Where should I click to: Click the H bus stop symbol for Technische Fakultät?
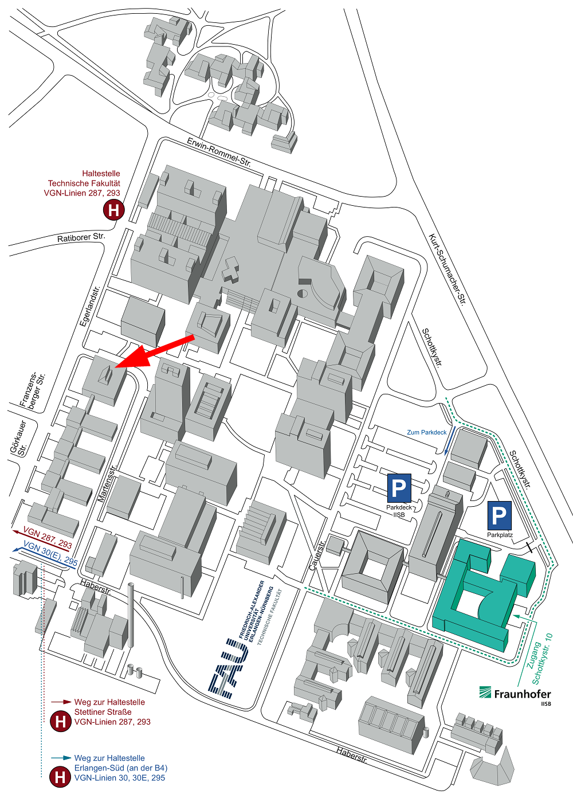pos(113,210)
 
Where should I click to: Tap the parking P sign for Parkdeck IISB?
pos(399,488)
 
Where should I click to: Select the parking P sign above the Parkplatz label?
pos(499,516)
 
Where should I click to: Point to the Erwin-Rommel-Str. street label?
pos(219,152)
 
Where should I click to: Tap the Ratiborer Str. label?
pos(81,237)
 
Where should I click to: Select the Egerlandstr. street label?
pos(90,306)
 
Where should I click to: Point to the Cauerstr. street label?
pos(317,554)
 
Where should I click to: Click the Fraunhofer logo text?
pos(521,694)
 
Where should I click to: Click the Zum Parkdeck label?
pos(426,432)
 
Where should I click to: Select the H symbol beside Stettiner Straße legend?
pos(60,721)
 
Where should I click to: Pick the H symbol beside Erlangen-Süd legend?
pos(60,777)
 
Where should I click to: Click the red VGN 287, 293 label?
pos(48,538)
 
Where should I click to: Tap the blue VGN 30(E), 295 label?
pos(50,554)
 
